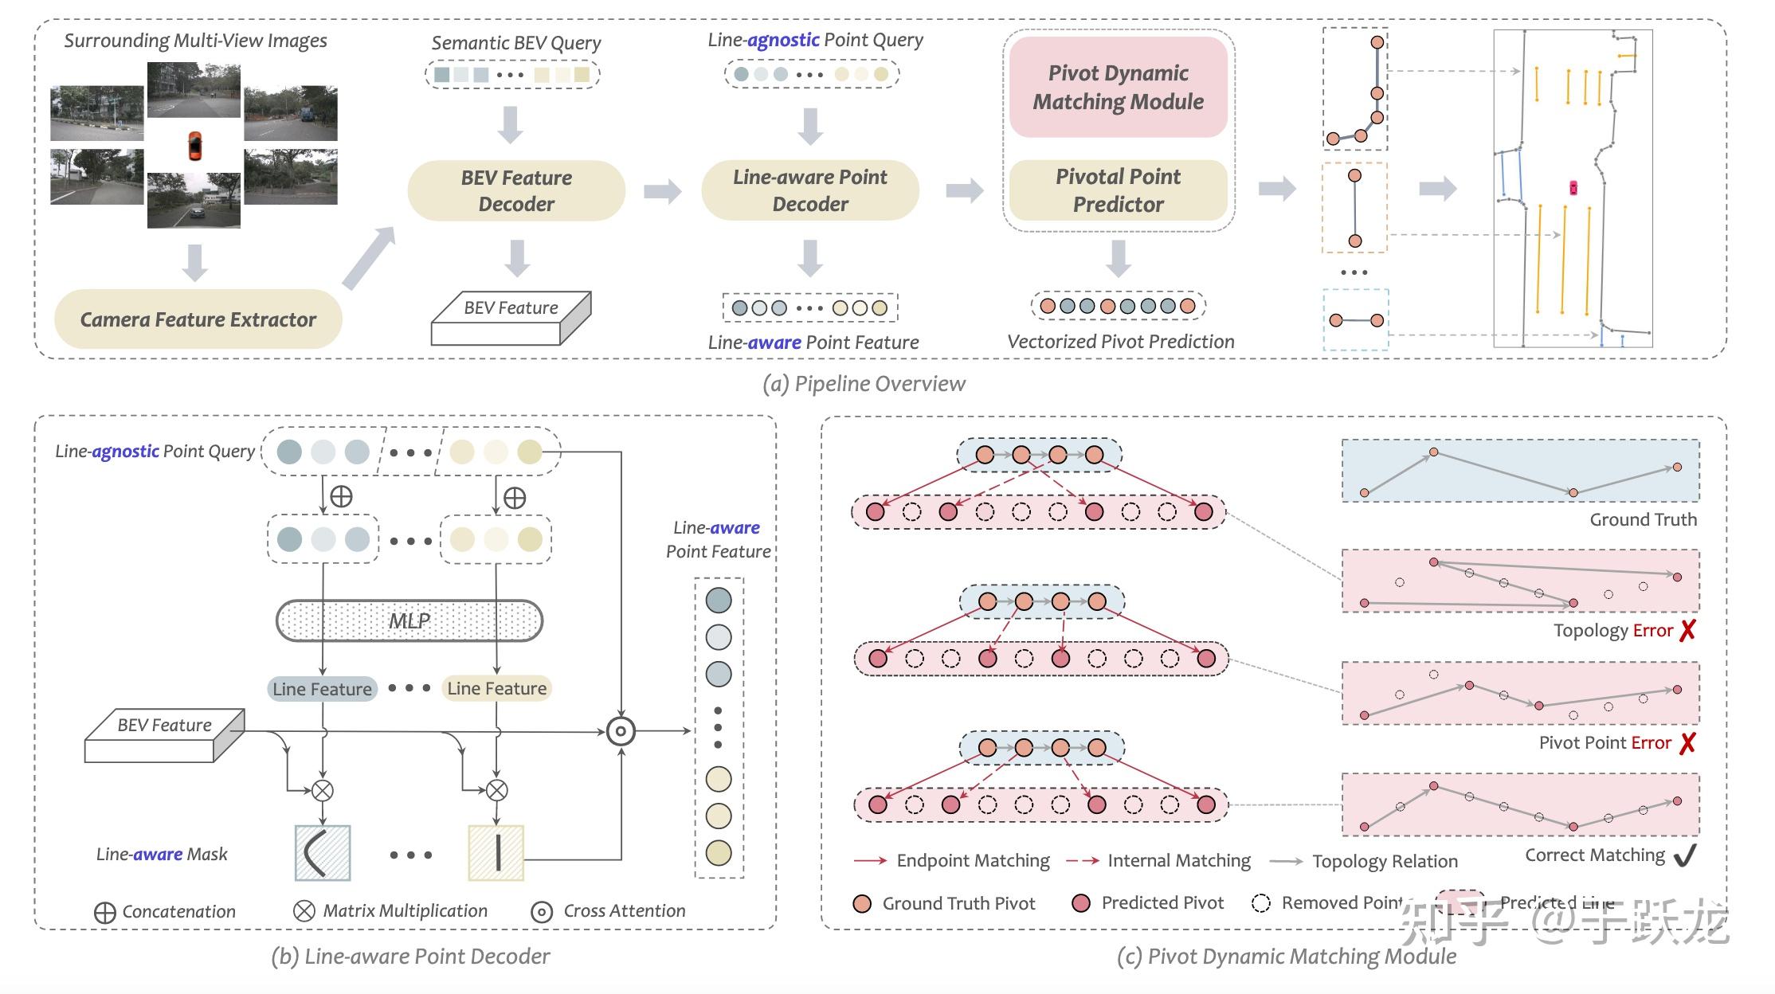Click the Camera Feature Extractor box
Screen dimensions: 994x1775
pyautogui.click(x=198, y=319)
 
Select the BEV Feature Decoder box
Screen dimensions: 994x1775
pyautogui.click(x=516, y=190)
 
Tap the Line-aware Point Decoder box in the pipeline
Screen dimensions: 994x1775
pyautogui.click(x=809, y=190)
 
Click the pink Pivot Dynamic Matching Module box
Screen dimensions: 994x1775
pyautogui.click(x=1118, y=87)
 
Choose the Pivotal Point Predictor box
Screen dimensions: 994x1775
pyautogui.click(x=1118, y=190)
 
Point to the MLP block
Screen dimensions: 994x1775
pyautogui.click(x=409, y=620)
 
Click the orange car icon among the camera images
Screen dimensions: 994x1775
pyautogui.click(x=194, y=146)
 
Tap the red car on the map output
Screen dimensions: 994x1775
pyautogui.click(x=1573, y=188)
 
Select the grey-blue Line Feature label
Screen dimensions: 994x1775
pyautogui.click(x=322, y=689)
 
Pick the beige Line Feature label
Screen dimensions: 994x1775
pyautogui.click(x=496, y=688)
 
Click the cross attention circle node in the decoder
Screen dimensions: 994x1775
pyautogui.click(x=621, y=731)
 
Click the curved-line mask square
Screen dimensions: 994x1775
pyautogui.click(x=323, y=852)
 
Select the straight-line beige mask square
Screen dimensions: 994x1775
pyautogui.click(x=496, y=852)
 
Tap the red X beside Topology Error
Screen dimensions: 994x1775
pyautogui.click(x=1687, y=631)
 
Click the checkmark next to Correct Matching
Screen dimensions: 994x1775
pyautogui.click(x=1685, y=856)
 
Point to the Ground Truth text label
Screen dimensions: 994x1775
pyautogui.click(x=1643, y=519)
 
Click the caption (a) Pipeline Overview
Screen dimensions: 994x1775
pyautogui.click(x=864, y=384)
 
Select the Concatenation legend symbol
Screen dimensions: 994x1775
pyautogui.click(x=104, y=913)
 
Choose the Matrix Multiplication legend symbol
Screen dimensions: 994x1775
pyautogui.click(x=304, y=912)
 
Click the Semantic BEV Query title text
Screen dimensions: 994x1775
pyautogui.click(x=516, y=43)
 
